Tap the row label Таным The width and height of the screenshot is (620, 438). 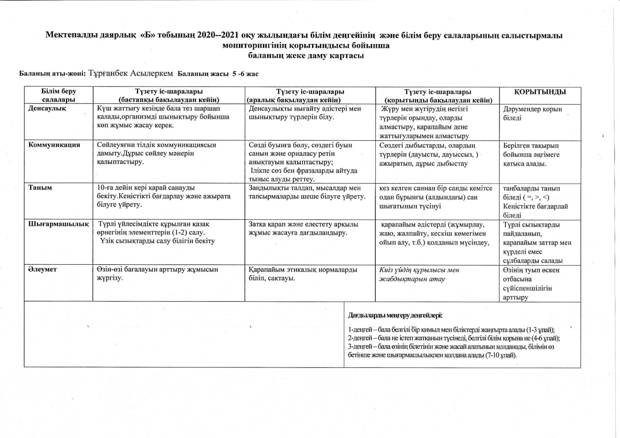(40, 188)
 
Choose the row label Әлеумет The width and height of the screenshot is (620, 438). (43, 269)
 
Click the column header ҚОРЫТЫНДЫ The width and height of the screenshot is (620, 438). (540, 92)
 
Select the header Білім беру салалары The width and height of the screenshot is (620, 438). (59, 95)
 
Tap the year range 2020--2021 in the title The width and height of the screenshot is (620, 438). (218, 35)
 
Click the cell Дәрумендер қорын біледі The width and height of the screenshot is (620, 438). (532, 113)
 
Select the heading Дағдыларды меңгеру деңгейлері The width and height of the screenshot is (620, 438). (395, 315)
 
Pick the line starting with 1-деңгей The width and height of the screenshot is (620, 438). (451, 330)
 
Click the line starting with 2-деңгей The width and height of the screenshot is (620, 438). (454, 338)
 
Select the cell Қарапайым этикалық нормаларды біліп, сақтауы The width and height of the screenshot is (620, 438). (303, 273)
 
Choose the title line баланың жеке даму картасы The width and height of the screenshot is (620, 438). (306, 56)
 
